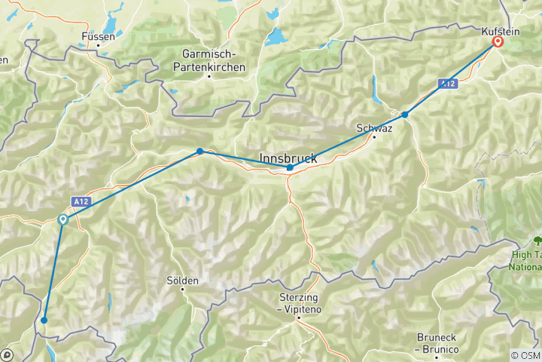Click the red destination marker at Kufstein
coord(498,42)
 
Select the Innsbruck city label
coord(288,158)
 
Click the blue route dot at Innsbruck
coord(290,167)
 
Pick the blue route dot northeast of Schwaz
coord(405,115)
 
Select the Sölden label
coord(182,281)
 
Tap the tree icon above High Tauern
coord(537,241)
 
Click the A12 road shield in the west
coord(82,201)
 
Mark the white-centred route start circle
coord(63,219)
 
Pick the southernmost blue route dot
coord(44,321)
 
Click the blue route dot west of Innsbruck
coord(199,152)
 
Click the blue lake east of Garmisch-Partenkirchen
coord(276,38)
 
